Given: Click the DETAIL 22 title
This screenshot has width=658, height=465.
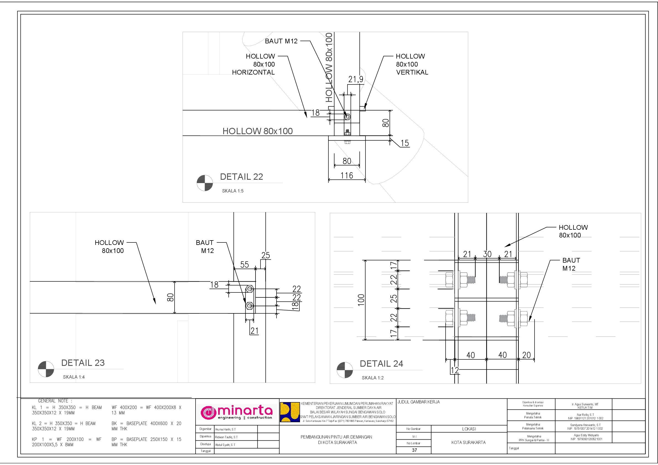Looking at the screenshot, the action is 241,177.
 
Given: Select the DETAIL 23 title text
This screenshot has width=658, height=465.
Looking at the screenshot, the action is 83,363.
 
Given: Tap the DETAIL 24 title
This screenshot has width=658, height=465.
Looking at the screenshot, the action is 381,364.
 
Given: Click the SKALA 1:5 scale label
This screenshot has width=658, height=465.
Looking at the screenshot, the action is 233,191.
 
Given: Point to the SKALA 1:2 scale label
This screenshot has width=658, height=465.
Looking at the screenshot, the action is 373,378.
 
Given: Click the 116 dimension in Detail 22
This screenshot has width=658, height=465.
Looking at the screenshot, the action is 347,175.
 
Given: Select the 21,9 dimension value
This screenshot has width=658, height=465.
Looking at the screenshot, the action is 356,79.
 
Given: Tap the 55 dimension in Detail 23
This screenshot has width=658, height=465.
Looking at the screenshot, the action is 244,265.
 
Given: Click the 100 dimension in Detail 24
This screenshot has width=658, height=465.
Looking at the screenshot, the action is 361,300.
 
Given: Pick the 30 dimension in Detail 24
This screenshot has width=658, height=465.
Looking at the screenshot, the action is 487,254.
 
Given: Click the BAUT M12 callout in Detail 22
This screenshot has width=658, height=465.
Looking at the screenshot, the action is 281,41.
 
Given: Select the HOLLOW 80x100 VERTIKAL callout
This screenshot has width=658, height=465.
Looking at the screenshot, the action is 412,64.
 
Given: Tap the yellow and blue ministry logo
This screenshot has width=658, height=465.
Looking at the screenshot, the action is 289,412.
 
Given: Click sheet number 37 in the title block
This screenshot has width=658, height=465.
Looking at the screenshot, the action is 414,450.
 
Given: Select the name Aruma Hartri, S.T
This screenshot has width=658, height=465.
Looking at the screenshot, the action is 225,429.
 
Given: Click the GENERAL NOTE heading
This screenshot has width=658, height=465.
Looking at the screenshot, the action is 55,401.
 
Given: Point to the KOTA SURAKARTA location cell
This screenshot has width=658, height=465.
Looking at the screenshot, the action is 469,442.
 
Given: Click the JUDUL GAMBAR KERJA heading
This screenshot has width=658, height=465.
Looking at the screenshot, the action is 419,402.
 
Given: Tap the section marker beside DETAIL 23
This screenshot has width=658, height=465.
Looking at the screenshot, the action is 46,369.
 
